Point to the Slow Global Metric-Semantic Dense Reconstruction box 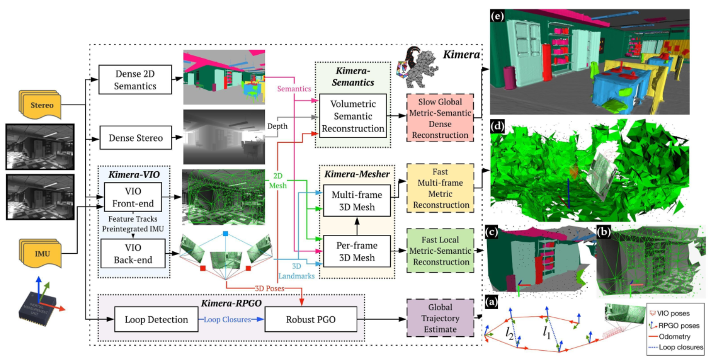[440, 117]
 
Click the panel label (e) [498, 16]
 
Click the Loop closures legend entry [675, 346]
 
